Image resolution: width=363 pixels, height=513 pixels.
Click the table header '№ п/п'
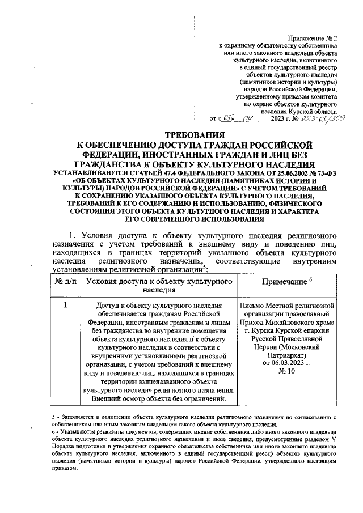pos(66,281)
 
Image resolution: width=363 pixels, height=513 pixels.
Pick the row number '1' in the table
pos(66,307)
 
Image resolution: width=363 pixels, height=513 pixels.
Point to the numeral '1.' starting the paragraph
pos(72,234)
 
